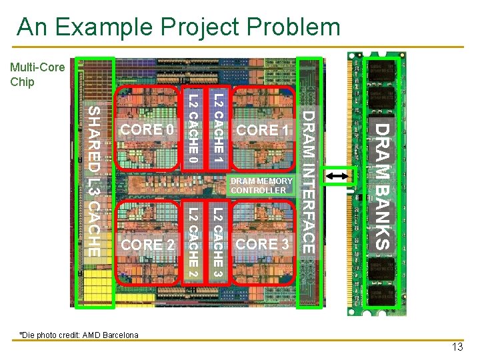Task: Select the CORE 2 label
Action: (x=148, y=245)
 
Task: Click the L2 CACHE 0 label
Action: (x=192, y=129)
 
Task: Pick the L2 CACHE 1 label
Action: (x=217, y=129)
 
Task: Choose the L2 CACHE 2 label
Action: (x=192, y=244)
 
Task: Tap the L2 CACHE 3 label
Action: (x=217, y=244)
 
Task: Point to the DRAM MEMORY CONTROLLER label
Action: (x=261, y=185)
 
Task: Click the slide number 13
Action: (x=457, y=347)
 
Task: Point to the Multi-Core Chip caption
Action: (x=37, y=75)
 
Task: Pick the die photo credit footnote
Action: (x=79, y=335)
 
